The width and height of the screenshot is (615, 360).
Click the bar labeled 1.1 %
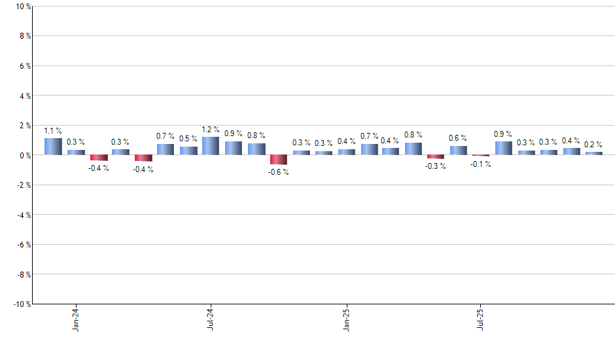pyautogui.click(x=53, y=147)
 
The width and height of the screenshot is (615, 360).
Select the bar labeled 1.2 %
pyautogui.click(x=211, y=146)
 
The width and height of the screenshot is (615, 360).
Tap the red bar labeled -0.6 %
pyautogui.click(x=279, y=160)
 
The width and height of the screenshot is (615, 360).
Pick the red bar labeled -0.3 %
pyautogui.click(x=436, y=157)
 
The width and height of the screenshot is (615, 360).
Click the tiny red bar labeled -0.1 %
pyautogui.click(x=481, y=156)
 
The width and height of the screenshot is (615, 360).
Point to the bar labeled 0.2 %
pyautogui.click(x=593, y=153)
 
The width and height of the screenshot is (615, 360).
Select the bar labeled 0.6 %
pyautogui.click(x=458, y=151)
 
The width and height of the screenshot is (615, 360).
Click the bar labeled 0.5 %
pyautogui.click(x=188, y=151)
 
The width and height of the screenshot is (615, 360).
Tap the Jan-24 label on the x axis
pyautogui.click(x=76, y=318)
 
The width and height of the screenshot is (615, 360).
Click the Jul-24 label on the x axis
pyautogui.click(x=211, y=318)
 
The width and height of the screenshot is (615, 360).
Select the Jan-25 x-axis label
pyautogui.click(x=346, y=318)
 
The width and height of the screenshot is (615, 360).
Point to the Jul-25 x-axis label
pyautogui.click(x=481, y=318)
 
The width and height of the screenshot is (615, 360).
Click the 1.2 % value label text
pyautogui.click(x=211, y=130)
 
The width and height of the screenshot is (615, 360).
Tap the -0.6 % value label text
pyautogui.click(x=279, y=172)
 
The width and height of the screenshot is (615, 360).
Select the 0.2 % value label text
pyautogui.click(x=593, y=145)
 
